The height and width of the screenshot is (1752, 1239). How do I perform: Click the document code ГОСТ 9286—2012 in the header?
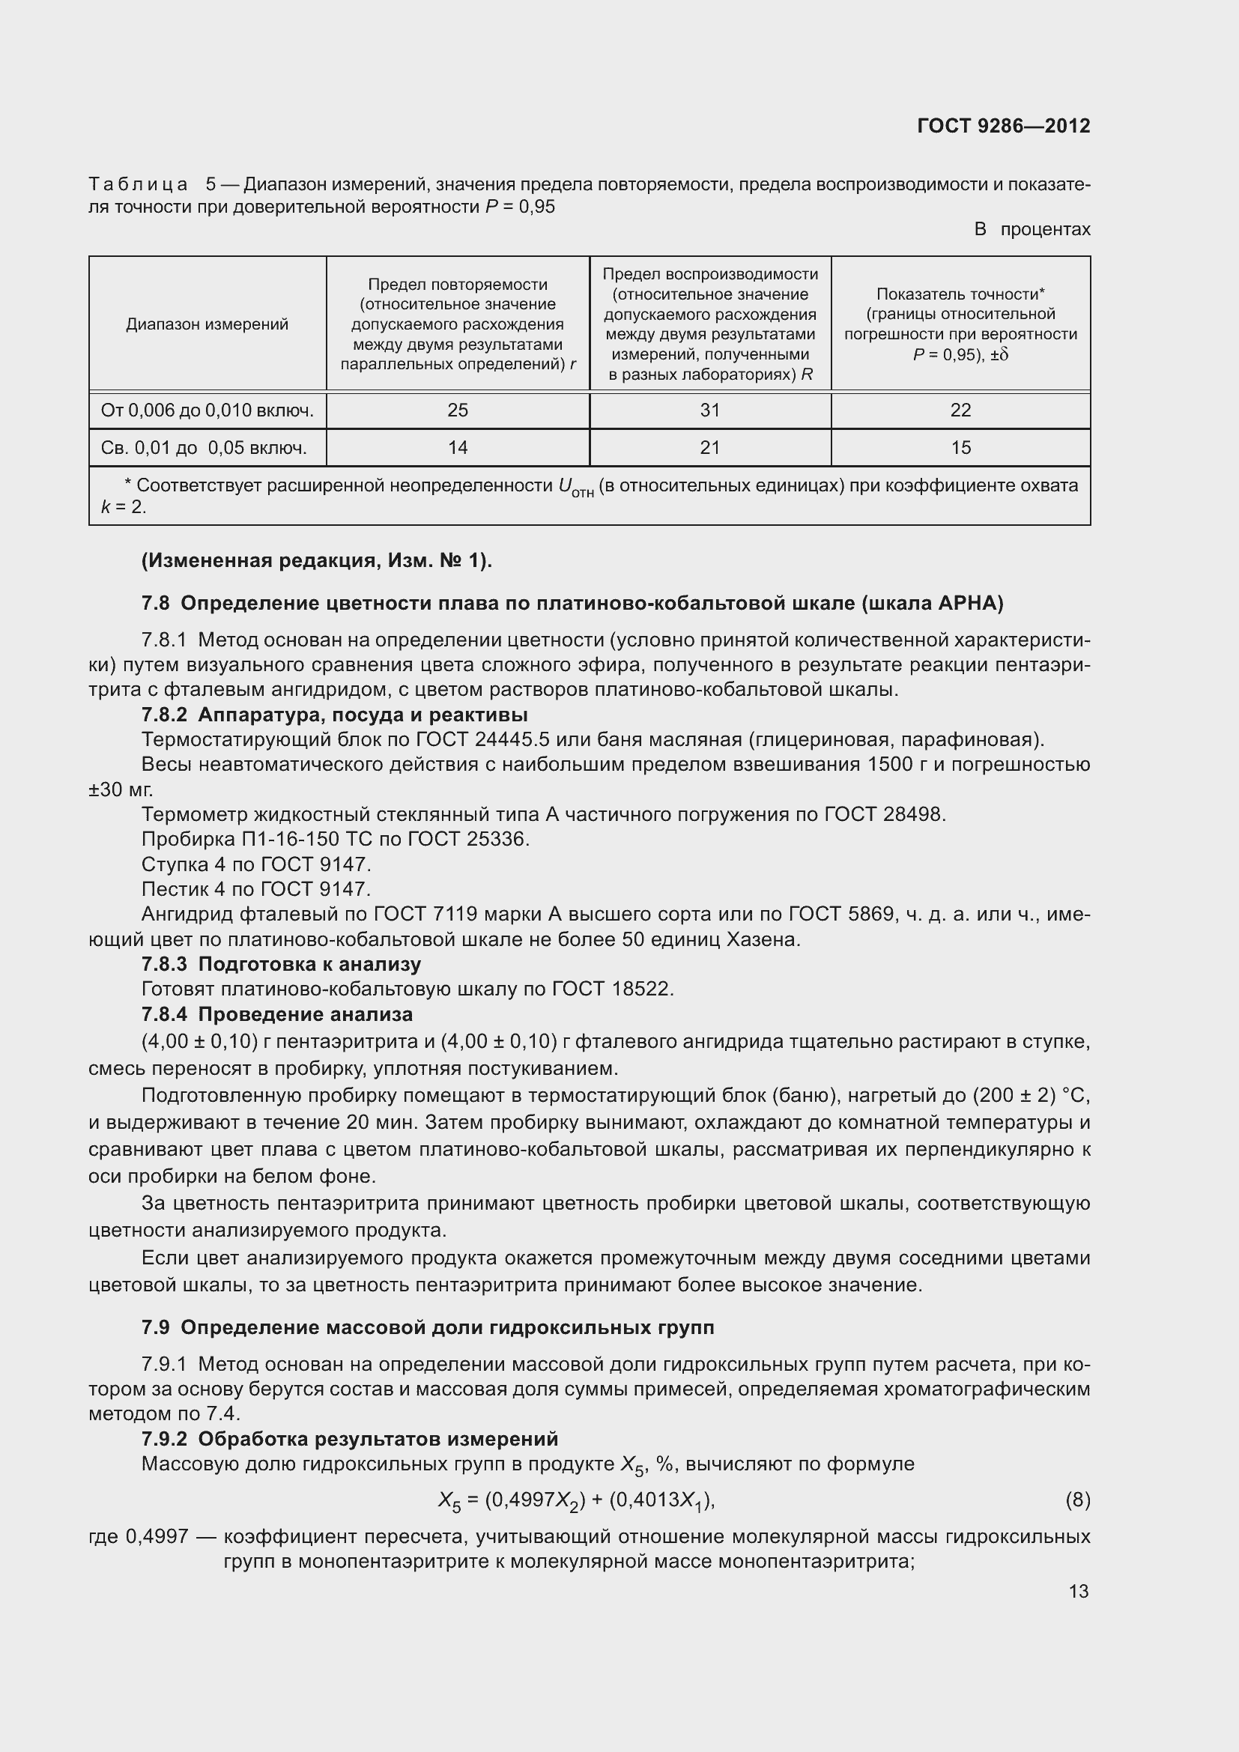tap(1003, 126)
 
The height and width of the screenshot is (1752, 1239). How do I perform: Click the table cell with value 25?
tap(457, 410)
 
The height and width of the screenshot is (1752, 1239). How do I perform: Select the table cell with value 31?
tap(709, 410)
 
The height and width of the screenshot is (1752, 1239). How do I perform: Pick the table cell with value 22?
tap(960, 410)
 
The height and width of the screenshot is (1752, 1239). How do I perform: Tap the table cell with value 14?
tap(457, 448)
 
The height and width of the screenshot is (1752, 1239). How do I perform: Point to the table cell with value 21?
tap(709, 448)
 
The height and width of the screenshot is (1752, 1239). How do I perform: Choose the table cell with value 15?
tap(960, 448)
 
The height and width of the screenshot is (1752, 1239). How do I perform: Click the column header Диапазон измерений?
tap(207, 324)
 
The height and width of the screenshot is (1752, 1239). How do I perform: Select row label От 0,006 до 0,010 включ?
tap(207, 410)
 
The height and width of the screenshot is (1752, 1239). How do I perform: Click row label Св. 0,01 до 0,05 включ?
tap(204, 448)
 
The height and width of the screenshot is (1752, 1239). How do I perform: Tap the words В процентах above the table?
tap(1032, 229)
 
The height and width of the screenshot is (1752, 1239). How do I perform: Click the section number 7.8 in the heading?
tap(155, 604)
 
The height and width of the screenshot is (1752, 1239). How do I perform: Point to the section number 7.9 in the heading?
tap(155, 1328)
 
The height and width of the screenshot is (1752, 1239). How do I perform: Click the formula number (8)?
tap(1077, 1500)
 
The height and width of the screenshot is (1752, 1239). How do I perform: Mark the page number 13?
tap(1078, 1591)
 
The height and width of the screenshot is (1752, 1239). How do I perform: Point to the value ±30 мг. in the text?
tap(121, 789)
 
